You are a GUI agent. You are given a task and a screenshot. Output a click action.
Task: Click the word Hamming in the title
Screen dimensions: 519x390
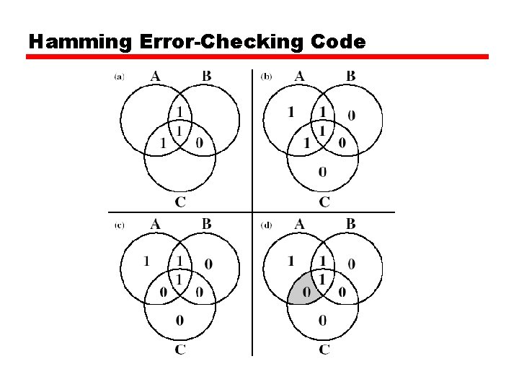(x=79, y=42)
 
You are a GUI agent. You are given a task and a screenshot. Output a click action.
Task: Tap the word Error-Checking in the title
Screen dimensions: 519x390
(x=221, y=42)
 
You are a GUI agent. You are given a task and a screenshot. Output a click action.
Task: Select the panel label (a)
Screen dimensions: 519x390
(x=119, y=77)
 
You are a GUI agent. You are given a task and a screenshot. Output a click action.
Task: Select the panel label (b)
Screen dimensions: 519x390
(x=265, y=77)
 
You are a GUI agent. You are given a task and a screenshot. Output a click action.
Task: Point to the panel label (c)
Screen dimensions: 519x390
(x=119, y=225)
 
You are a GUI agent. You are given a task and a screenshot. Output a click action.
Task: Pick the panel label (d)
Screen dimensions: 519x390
(x=266, y=225)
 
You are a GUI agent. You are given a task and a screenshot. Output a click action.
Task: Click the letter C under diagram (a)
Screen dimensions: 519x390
(x=180, y=201)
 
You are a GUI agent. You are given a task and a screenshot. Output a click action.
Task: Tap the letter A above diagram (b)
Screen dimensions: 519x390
(x=300, y=76)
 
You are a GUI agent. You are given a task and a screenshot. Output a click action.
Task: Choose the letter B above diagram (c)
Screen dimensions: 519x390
(x=207, y=224)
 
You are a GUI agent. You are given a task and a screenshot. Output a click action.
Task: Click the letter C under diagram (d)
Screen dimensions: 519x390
(x=324, y=350)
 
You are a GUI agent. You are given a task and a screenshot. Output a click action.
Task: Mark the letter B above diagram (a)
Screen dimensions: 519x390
(x=207, y=76)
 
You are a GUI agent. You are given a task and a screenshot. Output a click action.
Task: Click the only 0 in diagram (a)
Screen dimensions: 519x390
(x=199, y=143)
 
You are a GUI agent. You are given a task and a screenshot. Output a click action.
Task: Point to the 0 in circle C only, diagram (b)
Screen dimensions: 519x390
(x=322, y=171)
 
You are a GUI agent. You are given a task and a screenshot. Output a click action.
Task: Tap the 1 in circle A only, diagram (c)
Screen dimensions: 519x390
(x=147, y=260)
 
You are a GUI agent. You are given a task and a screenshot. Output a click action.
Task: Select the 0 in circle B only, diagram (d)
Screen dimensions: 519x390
(x=351, y=264)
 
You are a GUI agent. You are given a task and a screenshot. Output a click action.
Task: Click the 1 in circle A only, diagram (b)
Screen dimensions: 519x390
(x=291, y=111)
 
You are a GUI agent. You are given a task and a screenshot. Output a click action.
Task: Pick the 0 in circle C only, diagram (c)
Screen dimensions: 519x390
(x=179, y=320)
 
